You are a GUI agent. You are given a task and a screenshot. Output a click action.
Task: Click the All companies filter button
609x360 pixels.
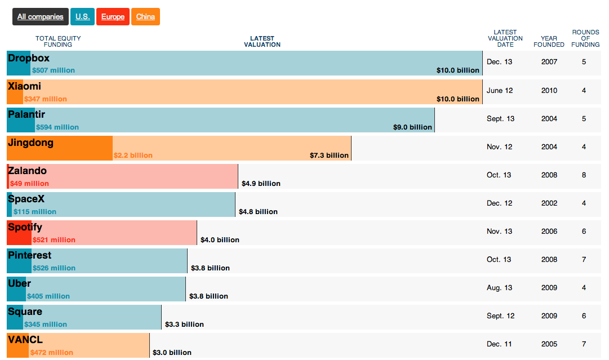click(x=41, y=17)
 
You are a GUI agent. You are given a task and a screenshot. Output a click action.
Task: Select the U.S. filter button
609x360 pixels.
click(x=83, y=17)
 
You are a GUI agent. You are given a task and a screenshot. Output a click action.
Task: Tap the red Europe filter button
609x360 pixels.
click(x=113, y=17)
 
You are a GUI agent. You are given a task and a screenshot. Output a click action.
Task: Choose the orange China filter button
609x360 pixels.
click(x=145, y=17)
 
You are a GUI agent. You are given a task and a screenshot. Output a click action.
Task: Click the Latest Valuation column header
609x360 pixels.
click(x=262, y=42)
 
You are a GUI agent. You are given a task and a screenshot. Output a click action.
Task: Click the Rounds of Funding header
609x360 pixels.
click(x=585, y=38)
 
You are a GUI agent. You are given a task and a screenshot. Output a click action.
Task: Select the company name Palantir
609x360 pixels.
click(x=26, y=114)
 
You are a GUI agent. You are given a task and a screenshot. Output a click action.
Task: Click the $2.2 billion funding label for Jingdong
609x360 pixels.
click(x=133, y=155)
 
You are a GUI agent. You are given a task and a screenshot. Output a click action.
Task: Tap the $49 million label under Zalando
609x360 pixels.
click(x=29, y=184)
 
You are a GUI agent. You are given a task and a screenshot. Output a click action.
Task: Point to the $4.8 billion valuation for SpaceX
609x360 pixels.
click(x=258, y=212)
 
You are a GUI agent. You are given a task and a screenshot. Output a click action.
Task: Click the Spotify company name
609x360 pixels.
click(x=25, y=227)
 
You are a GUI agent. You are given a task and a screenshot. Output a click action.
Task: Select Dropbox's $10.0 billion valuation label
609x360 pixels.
click(x=457, y=71)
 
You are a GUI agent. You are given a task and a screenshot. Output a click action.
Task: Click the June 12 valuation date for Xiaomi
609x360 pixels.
click(x=499, y=91)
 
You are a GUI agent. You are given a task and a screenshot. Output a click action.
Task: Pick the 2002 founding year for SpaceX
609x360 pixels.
click(x=549, y=203)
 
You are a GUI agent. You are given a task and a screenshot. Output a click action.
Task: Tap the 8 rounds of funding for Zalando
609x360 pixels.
click(x=584, y=175)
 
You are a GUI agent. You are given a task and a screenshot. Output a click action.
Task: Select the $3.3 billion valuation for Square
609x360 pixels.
click(x=184, y=325)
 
